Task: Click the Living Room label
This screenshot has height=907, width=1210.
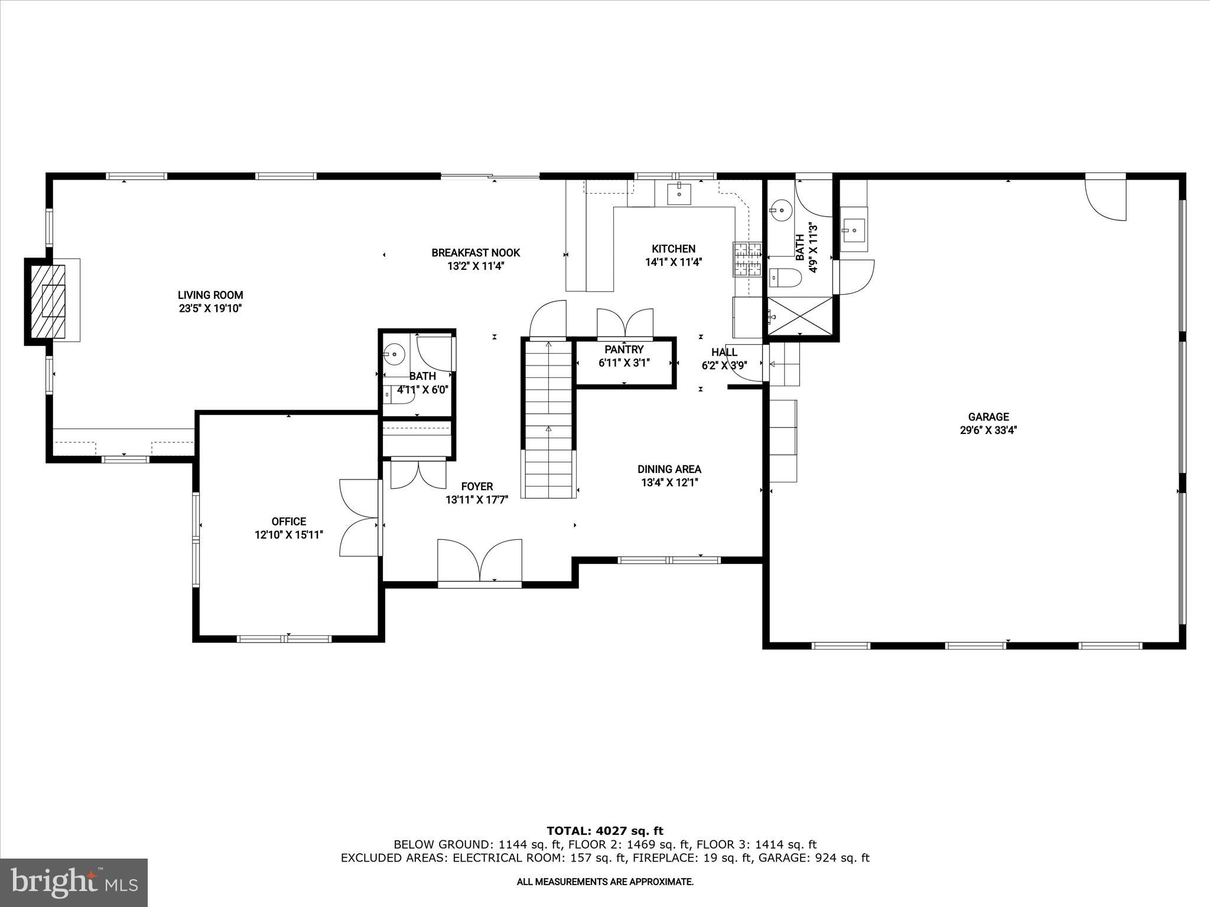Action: tap(210, 295)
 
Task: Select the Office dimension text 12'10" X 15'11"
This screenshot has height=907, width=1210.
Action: tap(289, 535)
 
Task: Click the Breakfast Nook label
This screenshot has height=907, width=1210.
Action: tap(476, 253)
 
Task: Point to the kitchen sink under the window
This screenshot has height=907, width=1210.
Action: tap(679, 193)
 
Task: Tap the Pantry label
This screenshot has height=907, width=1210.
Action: tap(624, 350)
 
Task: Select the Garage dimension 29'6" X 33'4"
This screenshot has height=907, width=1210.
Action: tap(988, 430)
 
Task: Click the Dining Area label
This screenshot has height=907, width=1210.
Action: tap(669, 469)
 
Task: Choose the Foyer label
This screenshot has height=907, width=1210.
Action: tap(477, 487)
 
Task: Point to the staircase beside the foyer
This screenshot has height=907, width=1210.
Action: tap(549, 419)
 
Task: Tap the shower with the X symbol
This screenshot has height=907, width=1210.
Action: tap(799, 316)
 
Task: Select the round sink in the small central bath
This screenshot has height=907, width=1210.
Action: tap(394, 354)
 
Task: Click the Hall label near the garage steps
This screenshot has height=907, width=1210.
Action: tap(724, 353)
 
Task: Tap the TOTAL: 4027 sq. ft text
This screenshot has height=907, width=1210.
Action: tap(605, 831)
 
